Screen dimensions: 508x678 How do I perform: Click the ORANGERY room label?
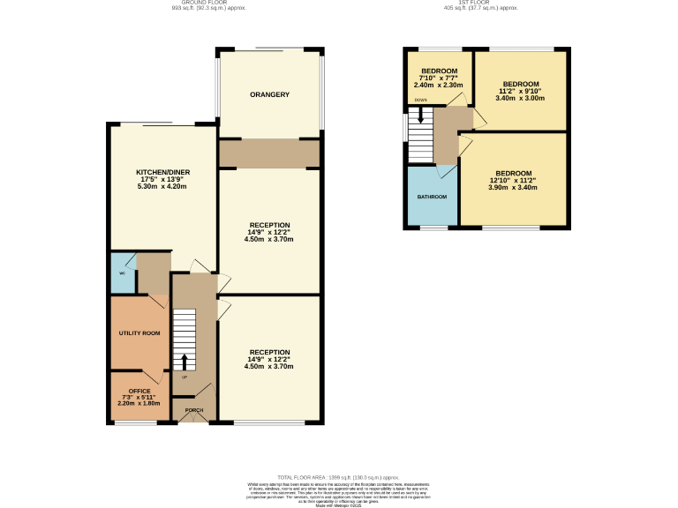[269, 94]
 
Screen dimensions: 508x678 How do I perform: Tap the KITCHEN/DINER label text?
[163, 172]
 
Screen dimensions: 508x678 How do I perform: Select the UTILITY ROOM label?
[139, 332]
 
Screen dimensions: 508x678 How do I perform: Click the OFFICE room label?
[139, 391]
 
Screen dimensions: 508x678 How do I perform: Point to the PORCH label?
[192, 410]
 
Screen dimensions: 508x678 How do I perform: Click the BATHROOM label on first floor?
[432, 197]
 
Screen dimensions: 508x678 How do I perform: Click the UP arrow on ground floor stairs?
[185, 362]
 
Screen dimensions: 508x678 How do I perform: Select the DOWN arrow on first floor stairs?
[421, 115]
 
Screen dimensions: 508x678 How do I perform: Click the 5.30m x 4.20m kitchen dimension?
[163, 187]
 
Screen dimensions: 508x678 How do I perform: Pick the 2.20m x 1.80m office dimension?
[139, 403]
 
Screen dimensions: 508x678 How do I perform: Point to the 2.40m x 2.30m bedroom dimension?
[439, 85]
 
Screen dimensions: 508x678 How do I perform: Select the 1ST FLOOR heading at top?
[479, 4]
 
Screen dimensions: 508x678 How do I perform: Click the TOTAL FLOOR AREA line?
[338, 476]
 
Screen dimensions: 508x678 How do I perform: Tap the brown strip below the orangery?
[268, 153]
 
